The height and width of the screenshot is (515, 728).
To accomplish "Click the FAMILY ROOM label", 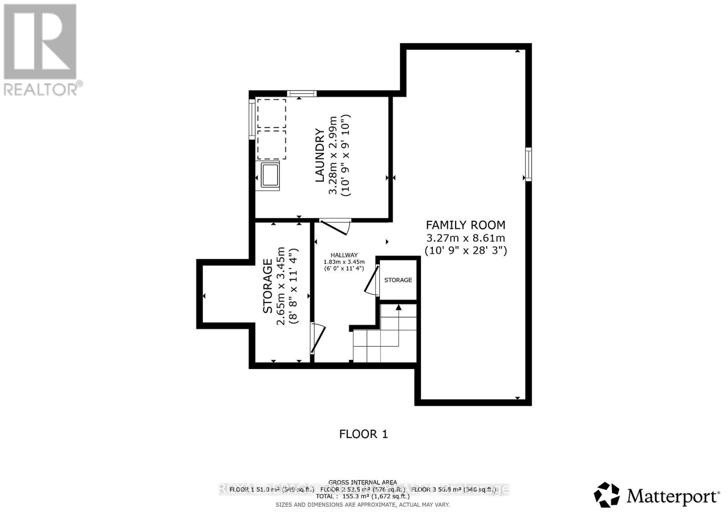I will tap(465, 225).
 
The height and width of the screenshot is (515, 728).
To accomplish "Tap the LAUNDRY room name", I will tap(320, 155).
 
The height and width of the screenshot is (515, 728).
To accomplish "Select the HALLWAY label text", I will tap(344, 255).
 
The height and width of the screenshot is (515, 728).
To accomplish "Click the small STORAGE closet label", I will tap(398, 280).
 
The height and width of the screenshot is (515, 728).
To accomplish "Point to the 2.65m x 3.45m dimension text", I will tap(281, 286).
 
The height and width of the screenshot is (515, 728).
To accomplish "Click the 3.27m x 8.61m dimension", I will tap(465, 238).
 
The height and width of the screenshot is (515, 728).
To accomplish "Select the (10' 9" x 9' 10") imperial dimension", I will tap(346, 155).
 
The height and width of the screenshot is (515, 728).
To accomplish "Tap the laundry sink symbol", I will tap(270, 175).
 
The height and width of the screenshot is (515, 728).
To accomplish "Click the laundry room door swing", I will tap(336, 226).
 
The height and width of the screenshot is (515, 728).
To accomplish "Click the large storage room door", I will tap(317, 338).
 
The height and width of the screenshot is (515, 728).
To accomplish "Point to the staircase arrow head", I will tap(399, 307).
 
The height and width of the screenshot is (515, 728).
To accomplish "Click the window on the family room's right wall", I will tap(528, 164).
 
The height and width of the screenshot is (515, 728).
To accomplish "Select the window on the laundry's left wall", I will tap(252, 118).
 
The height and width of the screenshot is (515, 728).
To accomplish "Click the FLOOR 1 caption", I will tap(364, 434).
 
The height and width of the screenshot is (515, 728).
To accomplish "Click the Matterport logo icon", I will tap(607, 495).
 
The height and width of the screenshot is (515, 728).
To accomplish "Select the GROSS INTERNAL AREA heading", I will tap(363, 482).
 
